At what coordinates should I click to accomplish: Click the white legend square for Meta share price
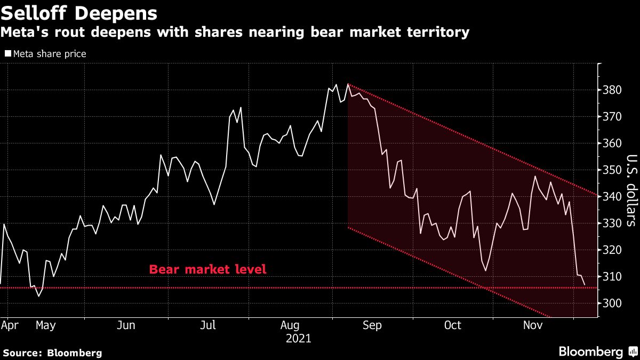pyautogui.click(x=7, y=53)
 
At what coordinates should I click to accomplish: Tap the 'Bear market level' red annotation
pyautogui.click(x=207, y=269)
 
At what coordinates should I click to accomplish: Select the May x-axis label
pyautogui.click(x=45, y=325)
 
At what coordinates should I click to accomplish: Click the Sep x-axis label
pyautogui.click(x=372, y=325)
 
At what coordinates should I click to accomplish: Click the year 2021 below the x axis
pyautogui.click(x=298, y=339)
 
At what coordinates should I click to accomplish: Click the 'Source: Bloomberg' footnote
pyautogui.click(x=52, y=353)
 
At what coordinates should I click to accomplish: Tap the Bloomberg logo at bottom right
pyautogui.click(x=597, y=351)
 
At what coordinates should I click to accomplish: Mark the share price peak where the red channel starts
pyautogui.click(x=348, y=84)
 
